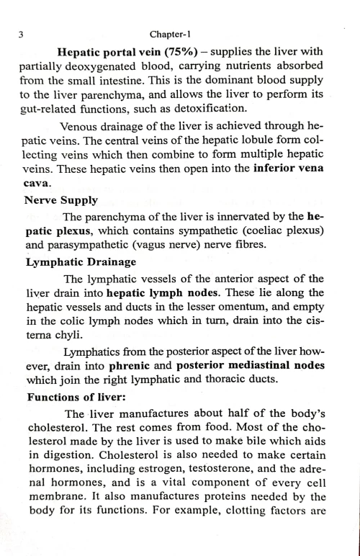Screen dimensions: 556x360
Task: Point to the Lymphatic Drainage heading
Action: [x=75, y=263]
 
